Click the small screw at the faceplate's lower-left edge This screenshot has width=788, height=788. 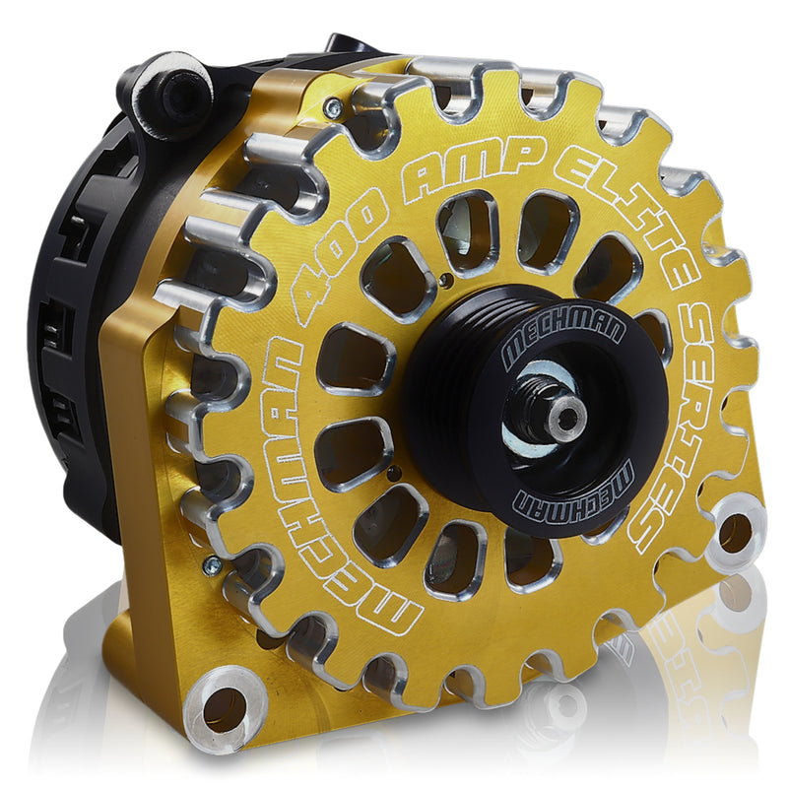click(x=211, y=564)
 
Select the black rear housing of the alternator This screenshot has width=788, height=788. click(x=74, y=325)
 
